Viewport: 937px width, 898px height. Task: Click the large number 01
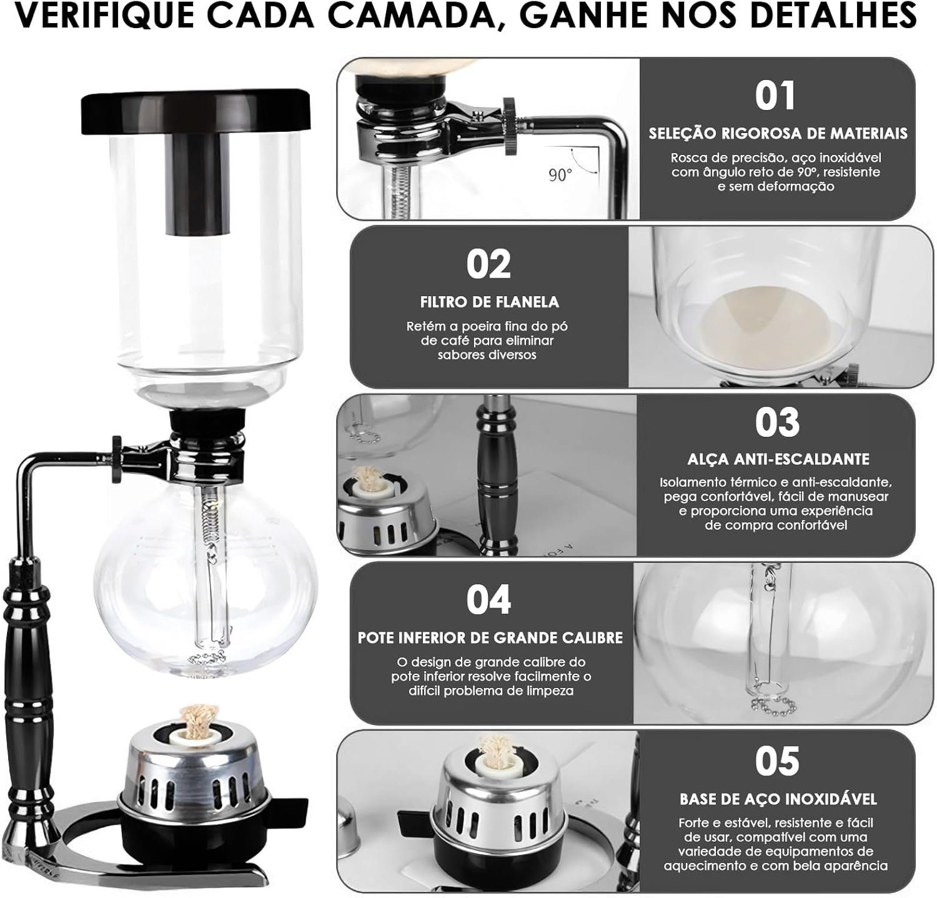tap(775, 96)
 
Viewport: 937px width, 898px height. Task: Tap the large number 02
tap(488, 264)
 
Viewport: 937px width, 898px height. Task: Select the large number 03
tap(777, 422)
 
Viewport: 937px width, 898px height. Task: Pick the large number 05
tap(777, 761)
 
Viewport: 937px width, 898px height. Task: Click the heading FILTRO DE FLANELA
tap(489, 302)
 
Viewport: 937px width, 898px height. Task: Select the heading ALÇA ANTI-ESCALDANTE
tap(778, 459)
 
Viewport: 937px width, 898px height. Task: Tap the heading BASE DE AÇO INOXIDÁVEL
tap(778, 799)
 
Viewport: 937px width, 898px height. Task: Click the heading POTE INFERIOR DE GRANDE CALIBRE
tap(490, 638)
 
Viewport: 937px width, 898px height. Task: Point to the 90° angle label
tap(560, 176)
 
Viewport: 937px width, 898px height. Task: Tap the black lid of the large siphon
tap(196, 114)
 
